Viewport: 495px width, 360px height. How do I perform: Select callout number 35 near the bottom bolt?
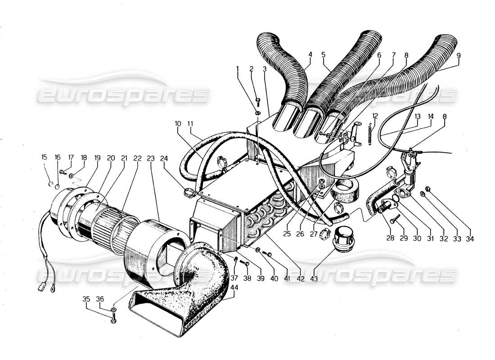(85, 299)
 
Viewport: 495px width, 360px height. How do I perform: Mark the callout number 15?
(44, 157)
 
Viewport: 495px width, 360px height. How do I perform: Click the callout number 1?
(238, 68)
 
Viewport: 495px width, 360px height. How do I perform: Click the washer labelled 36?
(113, 310)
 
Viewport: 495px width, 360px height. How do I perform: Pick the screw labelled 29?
(395, 219)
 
